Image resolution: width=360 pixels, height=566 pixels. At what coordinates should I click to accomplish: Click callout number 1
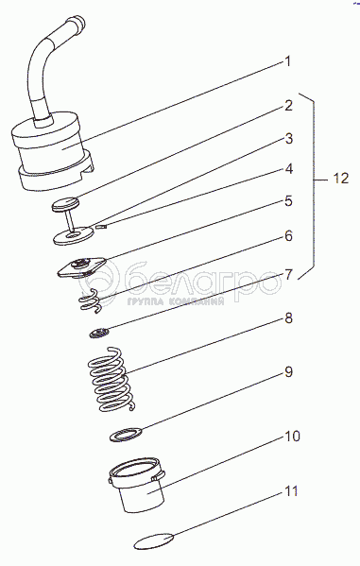click(x=287, y=61)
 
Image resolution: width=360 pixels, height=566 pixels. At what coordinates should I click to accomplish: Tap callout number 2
click(x=288, y=106)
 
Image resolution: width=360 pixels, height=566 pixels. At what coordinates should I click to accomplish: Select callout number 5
click(x=288, y=201)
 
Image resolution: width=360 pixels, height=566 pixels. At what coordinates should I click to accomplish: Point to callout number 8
click(x=288, y=318)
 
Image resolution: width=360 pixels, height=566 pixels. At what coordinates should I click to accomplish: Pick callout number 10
click(x=293, y=436)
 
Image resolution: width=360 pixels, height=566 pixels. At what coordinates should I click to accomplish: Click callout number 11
click(x=291, y=491)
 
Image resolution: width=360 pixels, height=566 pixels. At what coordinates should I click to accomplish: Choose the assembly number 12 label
click(x=340, y=179)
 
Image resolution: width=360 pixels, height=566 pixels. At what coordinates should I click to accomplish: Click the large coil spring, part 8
click(x=111, y=380)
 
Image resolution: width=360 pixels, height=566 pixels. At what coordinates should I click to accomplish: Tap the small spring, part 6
click(x=91, y=300)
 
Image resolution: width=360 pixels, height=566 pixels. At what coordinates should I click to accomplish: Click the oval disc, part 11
click(x=153, y=540)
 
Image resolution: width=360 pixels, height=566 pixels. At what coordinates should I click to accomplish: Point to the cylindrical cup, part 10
click(x=138, y=485)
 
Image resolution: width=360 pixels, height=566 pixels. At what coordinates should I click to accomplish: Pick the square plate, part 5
click(x=81, y=267)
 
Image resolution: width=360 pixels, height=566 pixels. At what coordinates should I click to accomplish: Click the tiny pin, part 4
click(x=101, y=227)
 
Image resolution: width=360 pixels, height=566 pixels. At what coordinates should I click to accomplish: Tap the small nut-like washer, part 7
click(x=99, y=333)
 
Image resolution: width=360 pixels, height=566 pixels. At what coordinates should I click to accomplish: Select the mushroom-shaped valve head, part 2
click(x=65, y=204)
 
